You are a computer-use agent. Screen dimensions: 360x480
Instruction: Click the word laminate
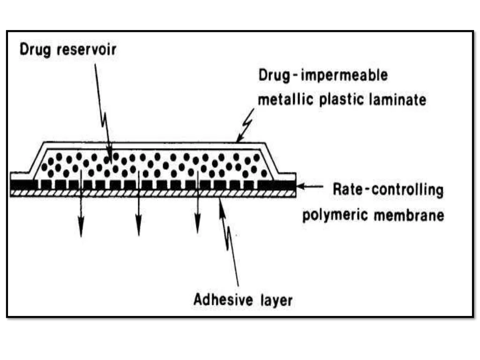(401, 100)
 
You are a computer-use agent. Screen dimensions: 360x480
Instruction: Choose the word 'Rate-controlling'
(387, 191)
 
